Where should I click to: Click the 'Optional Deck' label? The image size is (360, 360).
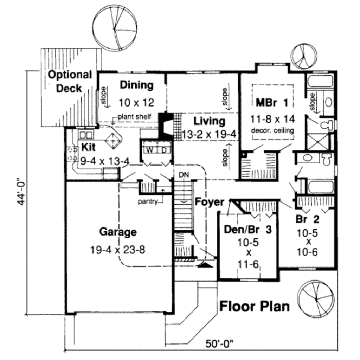coord(70,81)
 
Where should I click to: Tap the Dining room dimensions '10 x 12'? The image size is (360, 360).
coord(136,103)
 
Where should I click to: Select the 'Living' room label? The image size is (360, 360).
coord(210,121)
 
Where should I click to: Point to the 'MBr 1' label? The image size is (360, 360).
coord(272,103)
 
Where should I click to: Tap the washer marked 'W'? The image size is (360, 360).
coord(150,150)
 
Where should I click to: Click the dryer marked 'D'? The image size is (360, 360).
coord(164,150)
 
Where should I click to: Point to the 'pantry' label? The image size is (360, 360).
coord(147,202)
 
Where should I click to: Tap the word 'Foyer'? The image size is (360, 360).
coord(210,202)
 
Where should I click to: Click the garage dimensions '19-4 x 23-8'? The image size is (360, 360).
coord(118,250)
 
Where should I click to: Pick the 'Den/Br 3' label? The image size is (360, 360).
coord(248,230)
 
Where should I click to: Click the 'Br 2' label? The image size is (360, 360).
coord(307,220)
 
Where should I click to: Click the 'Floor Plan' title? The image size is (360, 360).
coord(255,306)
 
